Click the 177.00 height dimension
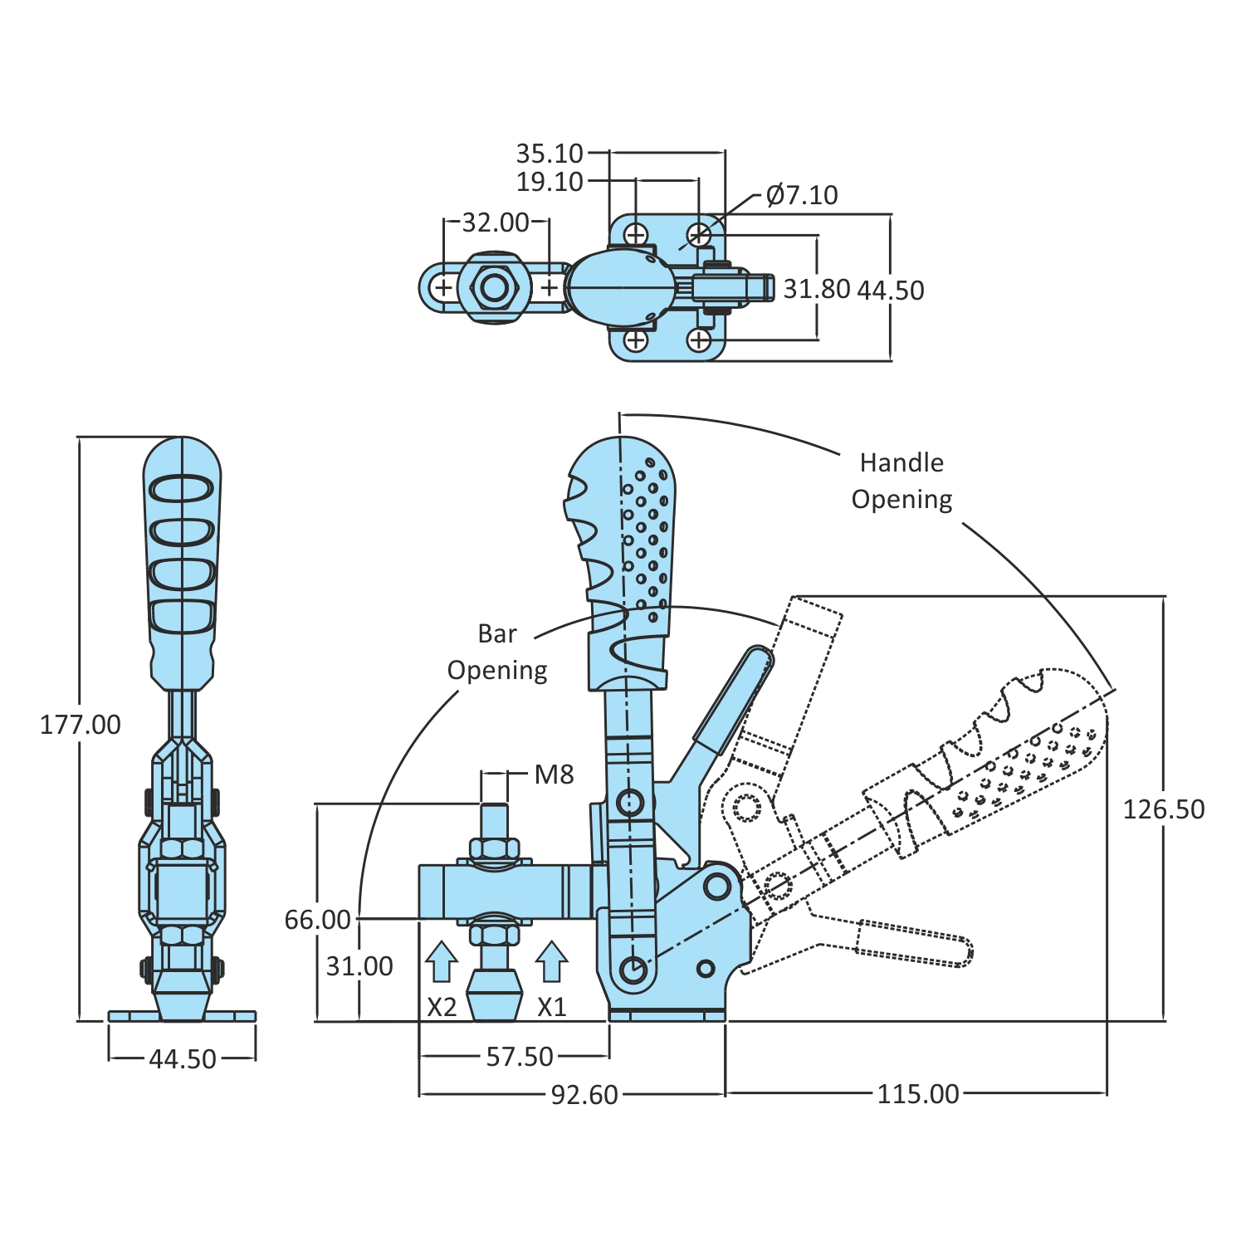[81, 725]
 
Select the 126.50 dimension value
[1163, 809]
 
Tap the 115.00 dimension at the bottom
[917, 1094]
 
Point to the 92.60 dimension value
[584, 1095]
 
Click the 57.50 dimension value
[520, 1057]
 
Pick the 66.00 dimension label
[317, 920]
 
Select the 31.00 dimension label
[359, 966]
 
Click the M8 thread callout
[554, 774]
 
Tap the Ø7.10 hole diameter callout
[801, 195]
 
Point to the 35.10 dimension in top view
[550, 154]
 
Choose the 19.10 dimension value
[550, 182]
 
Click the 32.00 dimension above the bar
[496, 222]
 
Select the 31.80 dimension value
[817, 289]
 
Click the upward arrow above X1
[551, 962]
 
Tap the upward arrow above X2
[442, 962]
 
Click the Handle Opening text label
[902, 481]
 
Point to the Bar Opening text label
[497, 652]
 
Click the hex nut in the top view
[495, 288]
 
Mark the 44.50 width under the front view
[183, 1059]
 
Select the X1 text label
[551, 1007]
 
